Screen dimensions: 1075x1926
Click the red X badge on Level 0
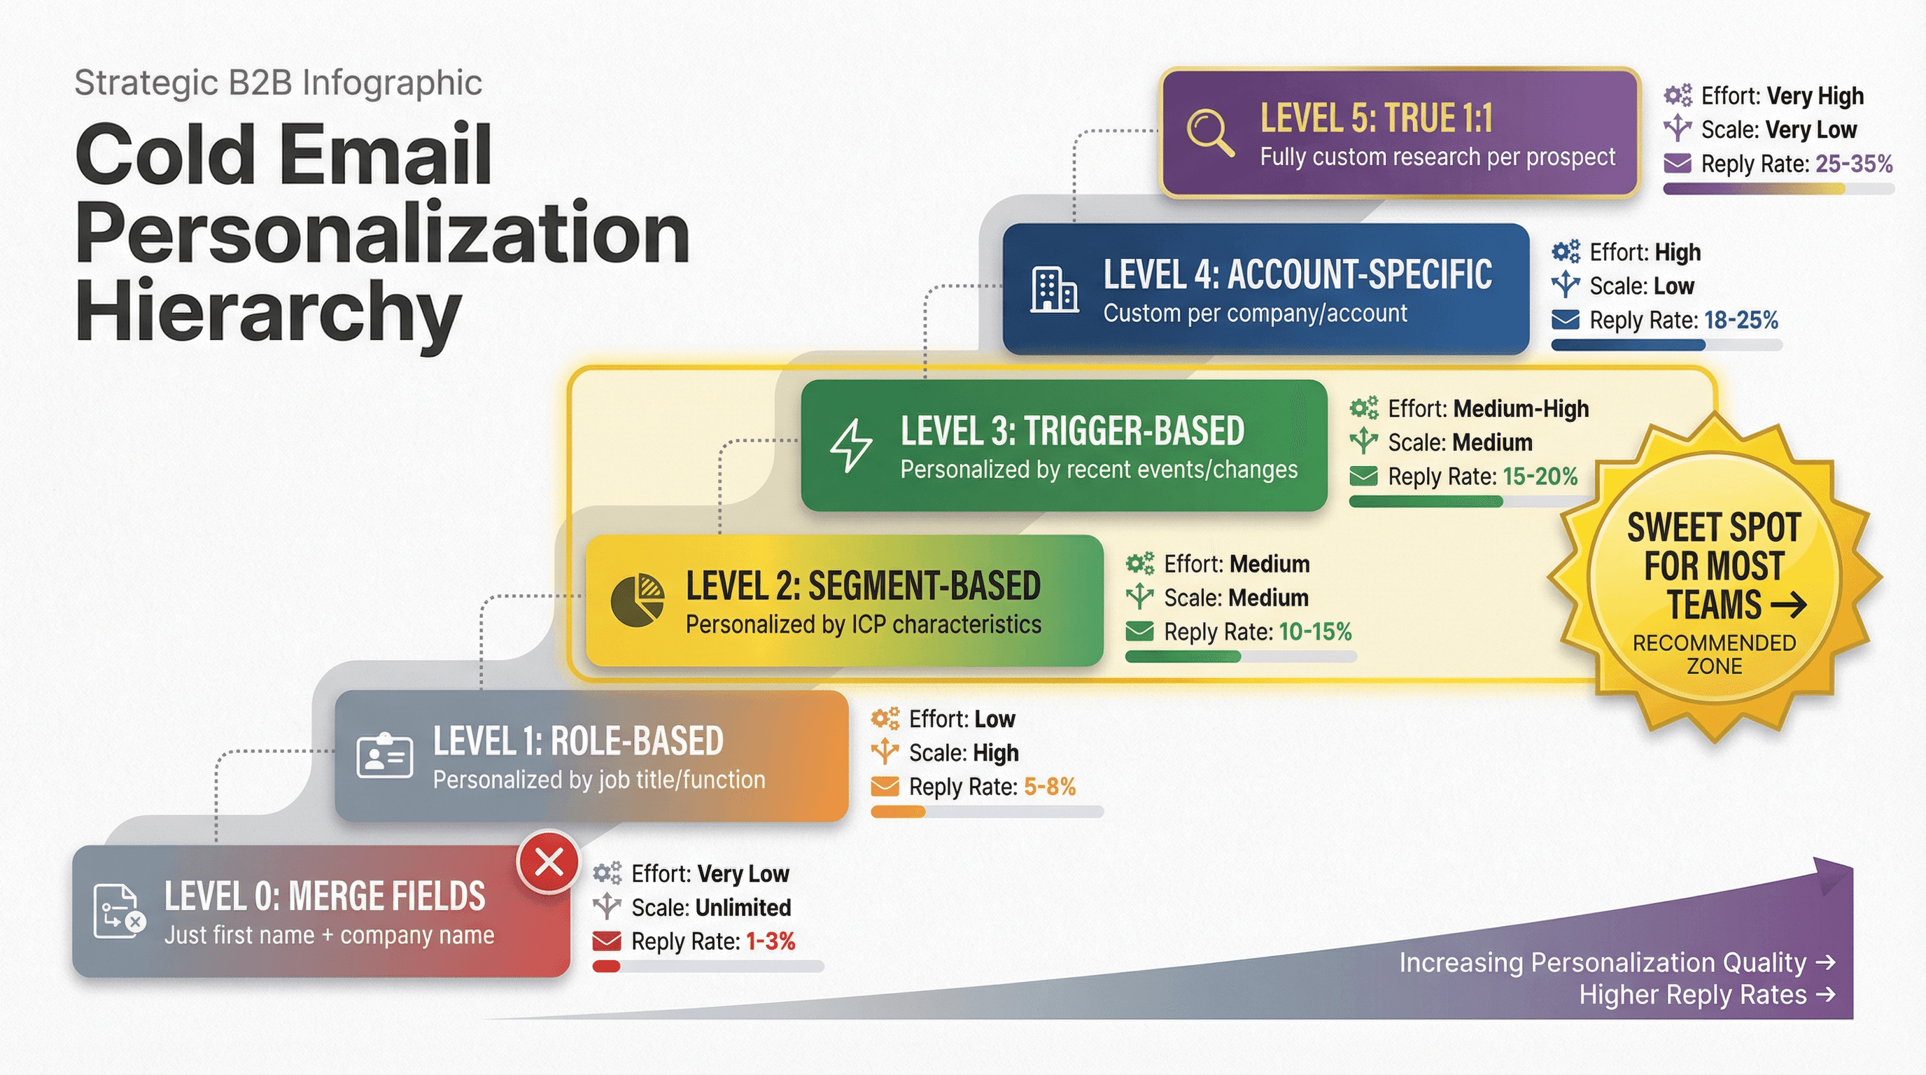(549, 863)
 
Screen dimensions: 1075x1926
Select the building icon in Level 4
(1053, 288)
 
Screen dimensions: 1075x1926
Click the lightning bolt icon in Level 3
(851, 446)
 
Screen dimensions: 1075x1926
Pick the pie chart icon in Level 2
(637, 600)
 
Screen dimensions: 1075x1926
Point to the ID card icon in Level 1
(384, 756)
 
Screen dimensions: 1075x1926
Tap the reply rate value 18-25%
(1741, 321)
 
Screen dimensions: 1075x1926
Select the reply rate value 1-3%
(769, 941)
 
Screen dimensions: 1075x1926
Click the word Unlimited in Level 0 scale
(743, 908)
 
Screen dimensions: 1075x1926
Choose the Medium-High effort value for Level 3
(1521, 409)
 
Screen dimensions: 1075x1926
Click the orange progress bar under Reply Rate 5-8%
(898, 812)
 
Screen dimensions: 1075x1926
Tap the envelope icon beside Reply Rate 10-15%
(1139, 632)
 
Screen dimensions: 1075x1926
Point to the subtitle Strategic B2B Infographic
(277, 82)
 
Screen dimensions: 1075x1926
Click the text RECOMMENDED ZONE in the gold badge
(1714, 654)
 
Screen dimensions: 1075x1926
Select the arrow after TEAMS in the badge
(1788, 605)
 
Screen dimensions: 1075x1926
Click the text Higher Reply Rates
(1693, 995)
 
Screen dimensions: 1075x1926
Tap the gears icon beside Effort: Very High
(1677, 96)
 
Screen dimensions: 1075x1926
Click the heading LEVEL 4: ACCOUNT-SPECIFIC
(1298, 274)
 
